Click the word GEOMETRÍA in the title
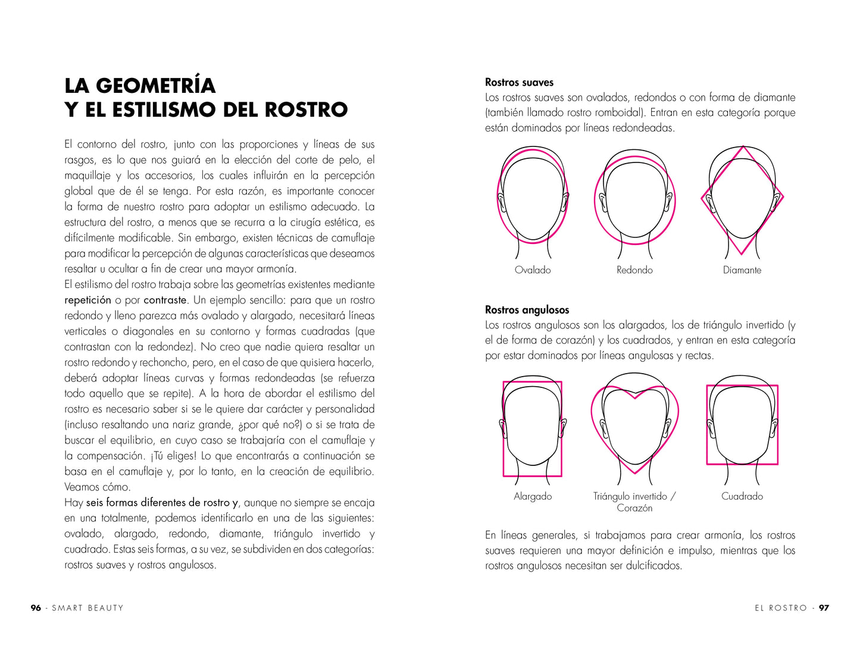tap(155, 86)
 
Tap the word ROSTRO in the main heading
tap(306, 110)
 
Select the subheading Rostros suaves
tap(519, 83)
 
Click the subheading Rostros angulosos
tap(527, 310)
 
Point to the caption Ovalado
tap(533, 270)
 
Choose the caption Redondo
tap(634, 270)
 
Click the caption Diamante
tap(742, 270)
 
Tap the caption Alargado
tap(533, 496)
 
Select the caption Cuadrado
tap(742, 496)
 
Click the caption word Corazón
tap(634, 508)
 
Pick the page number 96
tap(36, 608)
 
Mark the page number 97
tap(824, 608)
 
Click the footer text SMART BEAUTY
tap(87, 608)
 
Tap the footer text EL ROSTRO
tap(781, 608)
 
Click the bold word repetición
tap(87, 300)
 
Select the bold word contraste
tap(165, 300)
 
